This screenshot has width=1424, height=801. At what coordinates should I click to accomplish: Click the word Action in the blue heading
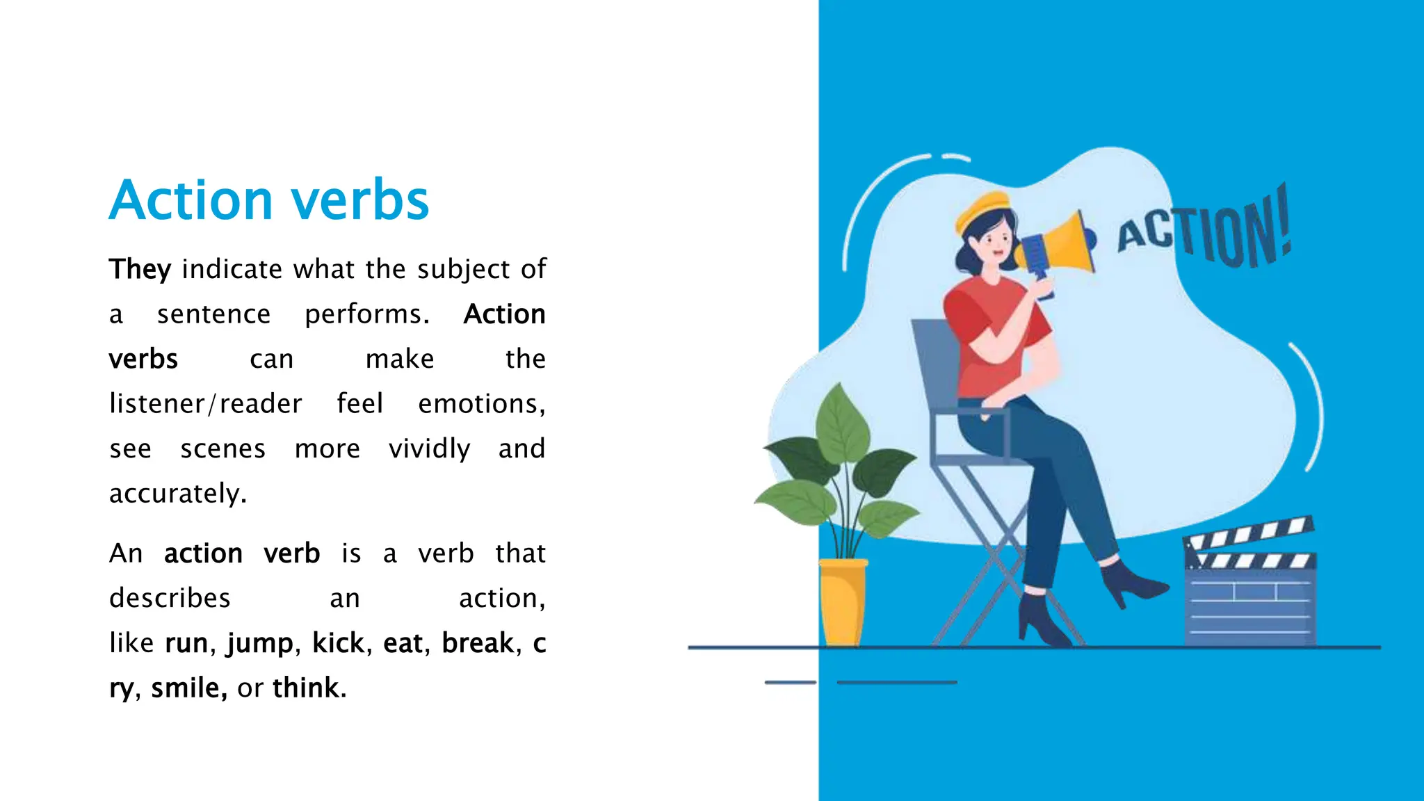click(x=191, y=200)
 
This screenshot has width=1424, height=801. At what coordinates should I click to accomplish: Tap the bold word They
click(x=140, y=269)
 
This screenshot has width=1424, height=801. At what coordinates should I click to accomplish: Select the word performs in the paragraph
click(x=366, y=314)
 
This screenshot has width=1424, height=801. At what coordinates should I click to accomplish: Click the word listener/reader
click(x=206, y=404)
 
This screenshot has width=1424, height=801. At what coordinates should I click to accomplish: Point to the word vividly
click(x=429, y=448)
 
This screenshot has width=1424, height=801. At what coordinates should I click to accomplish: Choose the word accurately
click(x=178, y=494)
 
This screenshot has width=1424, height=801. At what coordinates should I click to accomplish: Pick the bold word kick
click(x=338, y=643)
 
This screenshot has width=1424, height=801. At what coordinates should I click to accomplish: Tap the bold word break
click(x=478, y=643)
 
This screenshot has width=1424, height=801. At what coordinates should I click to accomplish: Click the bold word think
click(x=309, y=688)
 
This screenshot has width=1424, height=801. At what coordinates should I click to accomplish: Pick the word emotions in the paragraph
click(x=481, y=404)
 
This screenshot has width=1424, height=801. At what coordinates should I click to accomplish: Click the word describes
click(x=170, y=598)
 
